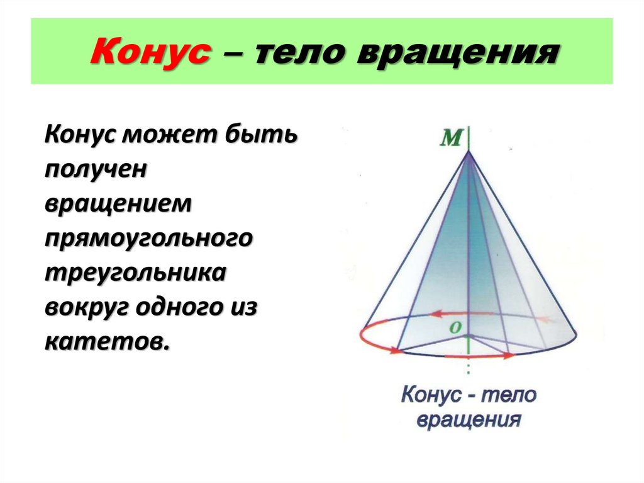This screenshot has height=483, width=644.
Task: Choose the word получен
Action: click(96, 169)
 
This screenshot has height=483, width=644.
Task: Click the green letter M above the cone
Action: click(450, 138)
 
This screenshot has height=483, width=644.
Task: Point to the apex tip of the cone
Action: click(469, 151)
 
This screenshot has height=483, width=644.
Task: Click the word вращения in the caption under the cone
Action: click(469, 419)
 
